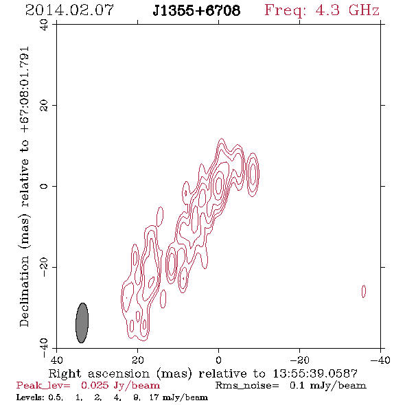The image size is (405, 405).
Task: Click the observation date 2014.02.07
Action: click(69, 10)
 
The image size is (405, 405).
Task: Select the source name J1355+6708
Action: click(196, 10)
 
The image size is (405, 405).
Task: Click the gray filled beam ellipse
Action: click(82, 323)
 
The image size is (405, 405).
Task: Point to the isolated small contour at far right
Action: click(364, 291)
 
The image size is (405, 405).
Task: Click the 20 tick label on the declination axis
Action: click(44, 106)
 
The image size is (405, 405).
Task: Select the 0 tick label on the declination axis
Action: click(44, 186)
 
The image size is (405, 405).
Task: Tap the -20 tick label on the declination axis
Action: click(44, 267)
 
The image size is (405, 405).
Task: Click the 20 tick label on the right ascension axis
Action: click(138, 360)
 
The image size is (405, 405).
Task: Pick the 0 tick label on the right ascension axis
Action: click(218, 360)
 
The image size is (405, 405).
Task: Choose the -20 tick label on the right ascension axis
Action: click(299, 360)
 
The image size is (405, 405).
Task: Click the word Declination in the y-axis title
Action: click(24, 291)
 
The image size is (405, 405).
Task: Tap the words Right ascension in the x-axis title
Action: click(99, 373)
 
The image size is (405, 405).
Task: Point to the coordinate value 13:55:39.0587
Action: click(315, 373)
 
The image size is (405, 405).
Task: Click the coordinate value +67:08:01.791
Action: click(25, 90)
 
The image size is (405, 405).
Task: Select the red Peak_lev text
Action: click(43, 386)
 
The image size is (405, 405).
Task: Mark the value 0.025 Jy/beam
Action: click(120, 386)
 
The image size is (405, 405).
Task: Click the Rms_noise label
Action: click(247, 386)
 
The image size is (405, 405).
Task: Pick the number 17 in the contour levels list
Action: click(154, 397)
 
